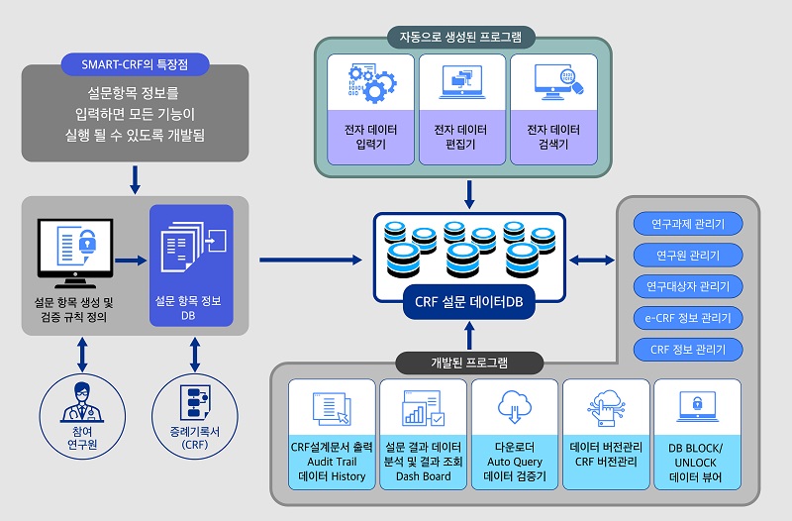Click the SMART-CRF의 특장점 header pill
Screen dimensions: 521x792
pos(136,65)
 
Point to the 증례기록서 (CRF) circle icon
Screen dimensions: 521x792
pos(193,400)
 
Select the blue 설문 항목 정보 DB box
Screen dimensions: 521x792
pos(190,264)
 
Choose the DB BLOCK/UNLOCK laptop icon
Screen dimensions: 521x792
pos(697,407)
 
